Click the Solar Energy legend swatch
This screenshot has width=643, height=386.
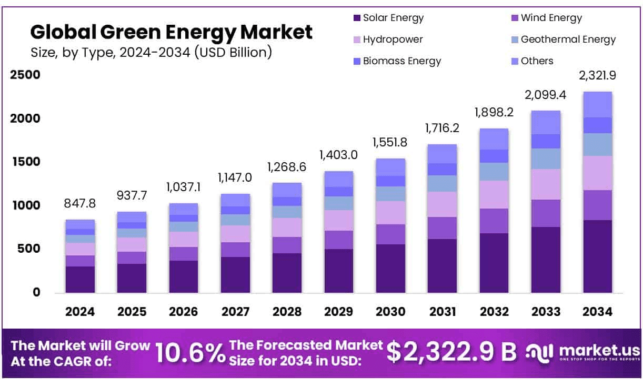[x=357, y=18]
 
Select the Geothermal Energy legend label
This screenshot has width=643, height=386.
[x=568, y=39]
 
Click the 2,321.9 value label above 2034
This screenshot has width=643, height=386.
[x=597, y=76]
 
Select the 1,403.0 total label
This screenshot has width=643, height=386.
[x=338, y=155]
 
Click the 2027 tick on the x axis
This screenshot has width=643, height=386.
[x=235, y=311]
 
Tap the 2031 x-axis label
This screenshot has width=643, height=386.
[x=442, y=311]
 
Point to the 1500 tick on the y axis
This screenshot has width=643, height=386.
[x=25, y=162]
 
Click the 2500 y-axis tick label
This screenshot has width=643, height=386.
[x=25, y=75]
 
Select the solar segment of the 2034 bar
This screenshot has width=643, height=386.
[x=597, y=256]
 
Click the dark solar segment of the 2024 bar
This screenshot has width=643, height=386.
[x=80, y=279]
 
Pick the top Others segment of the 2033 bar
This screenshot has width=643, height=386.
[x=546, y=122]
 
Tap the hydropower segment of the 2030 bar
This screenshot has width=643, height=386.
[x=390, y=213]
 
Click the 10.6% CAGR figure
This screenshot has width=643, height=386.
[x=189, y=353]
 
